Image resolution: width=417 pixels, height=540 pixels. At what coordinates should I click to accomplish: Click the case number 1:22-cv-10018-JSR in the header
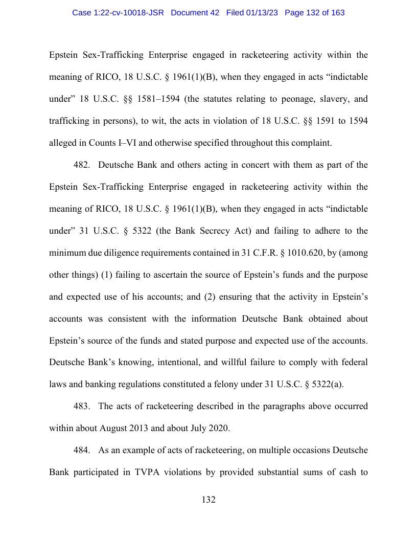pos(118,12)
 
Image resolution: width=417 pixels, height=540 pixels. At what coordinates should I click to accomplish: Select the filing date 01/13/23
pos(261,12)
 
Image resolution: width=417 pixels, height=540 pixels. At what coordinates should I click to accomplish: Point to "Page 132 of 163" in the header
pos(314,12)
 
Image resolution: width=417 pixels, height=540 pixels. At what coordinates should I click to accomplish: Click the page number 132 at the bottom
pos(208,500)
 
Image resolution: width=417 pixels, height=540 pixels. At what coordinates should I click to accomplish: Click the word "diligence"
pos(125,253)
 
